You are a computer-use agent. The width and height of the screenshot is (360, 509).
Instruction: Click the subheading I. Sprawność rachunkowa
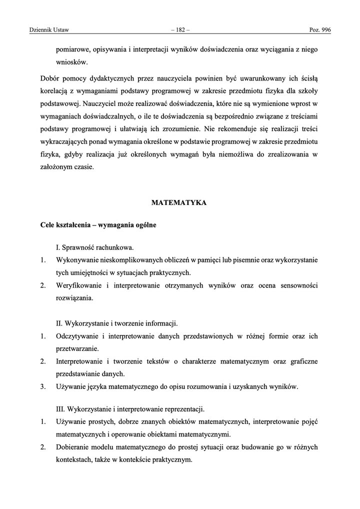click(94, 247)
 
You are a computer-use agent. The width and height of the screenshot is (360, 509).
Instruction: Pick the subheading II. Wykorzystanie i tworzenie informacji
click(117, 323)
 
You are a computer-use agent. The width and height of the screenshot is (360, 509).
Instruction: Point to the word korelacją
click(56, 91)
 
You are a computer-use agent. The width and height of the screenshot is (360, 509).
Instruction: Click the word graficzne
click(300, 361)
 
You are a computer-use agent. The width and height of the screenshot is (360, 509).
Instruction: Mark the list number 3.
click(43, 386)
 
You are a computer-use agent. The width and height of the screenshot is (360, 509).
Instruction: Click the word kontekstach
click(75, 460)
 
